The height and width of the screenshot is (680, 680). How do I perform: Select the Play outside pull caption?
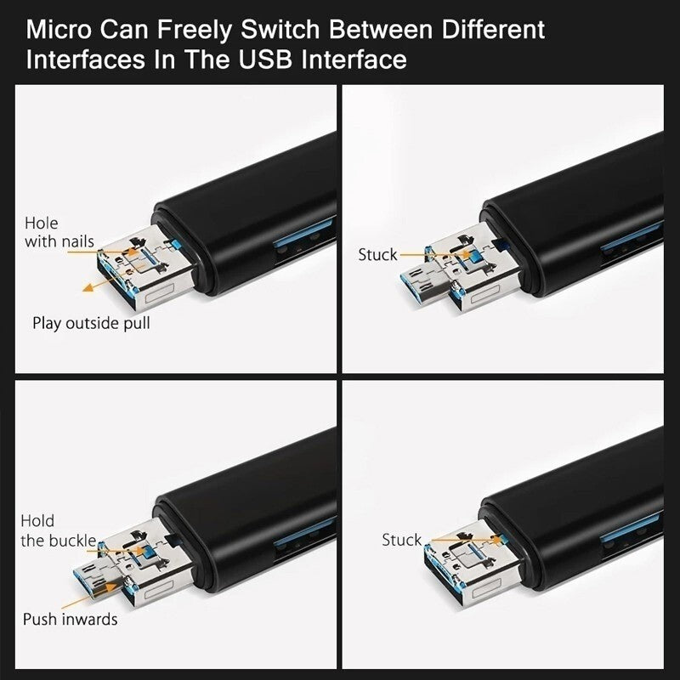pos(91,323)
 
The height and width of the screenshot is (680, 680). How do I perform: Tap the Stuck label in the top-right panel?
pos(377,254)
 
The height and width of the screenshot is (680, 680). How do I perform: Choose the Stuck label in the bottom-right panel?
pos(401,540)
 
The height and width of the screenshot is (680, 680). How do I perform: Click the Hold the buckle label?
pos(58,530)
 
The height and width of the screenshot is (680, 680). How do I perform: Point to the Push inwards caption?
pos(71,619)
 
